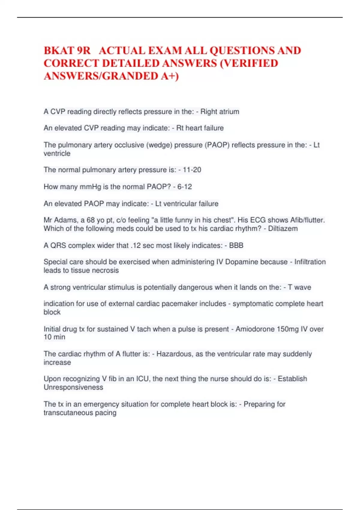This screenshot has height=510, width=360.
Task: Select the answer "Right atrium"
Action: click(220, 112)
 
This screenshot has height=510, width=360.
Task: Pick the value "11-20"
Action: click(192, 170)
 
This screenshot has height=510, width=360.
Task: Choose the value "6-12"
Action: click(184, 187)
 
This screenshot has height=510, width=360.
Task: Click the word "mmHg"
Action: click(90, 187)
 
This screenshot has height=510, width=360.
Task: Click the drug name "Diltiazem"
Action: click(283, 229)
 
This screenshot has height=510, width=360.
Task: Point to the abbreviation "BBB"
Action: click(236, 245)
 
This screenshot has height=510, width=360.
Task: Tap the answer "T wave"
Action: click(299, 287)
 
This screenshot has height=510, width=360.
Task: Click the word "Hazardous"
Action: click(174, 354)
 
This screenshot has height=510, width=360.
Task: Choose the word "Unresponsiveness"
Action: click(73, 387)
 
